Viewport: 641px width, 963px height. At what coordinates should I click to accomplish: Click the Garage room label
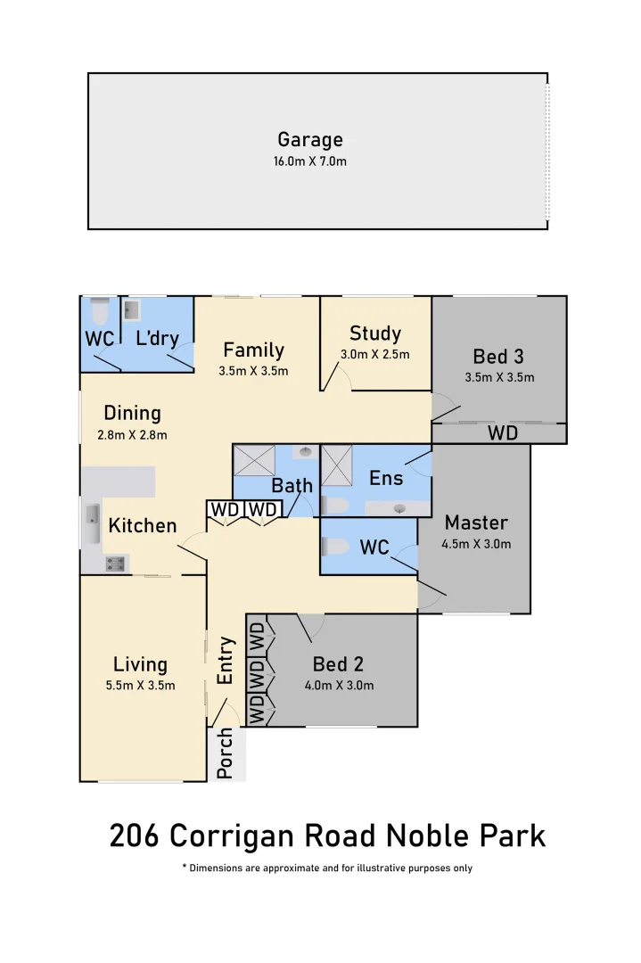click(310, 140)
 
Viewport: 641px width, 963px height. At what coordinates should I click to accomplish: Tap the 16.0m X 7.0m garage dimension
click(310, 161)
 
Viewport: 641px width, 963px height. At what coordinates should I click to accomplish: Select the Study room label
click(375, 333)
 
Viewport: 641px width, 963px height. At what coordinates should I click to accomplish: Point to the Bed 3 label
click(498, 356)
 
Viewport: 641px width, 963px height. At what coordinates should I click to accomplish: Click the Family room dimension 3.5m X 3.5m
click(253, 371)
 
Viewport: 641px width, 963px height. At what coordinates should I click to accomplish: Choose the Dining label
click(132, 414)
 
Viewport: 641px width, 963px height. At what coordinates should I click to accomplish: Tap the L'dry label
click(158, 338)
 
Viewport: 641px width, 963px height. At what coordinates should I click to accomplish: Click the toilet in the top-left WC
click(99, 312)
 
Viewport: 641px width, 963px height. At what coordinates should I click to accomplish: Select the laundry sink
click(131, 310)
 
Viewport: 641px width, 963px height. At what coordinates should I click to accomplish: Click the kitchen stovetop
click(115, 564)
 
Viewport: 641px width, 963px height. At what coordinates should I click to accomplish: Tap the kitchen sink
click(93, 524)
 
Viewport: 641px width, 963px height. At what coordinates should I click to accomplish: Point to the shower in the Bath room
click(254, 461)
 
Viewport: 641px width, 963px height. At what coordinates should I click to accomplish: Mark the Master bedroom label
click(476, 523)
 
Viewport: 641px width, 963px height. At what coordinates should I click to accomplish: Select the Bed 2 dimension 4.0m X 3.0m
click(339, 686)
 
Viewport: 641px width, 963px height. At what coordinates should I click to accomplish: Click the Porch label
click(225, 753)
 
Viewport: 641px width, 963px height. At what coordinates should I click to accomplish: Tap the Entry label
click(226, 660)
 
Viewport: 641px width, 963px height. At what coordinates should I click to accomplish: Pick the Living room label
click(140, 664)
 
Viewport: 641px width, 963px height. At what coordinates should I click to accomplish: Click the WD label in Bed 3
click(503, 433)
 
